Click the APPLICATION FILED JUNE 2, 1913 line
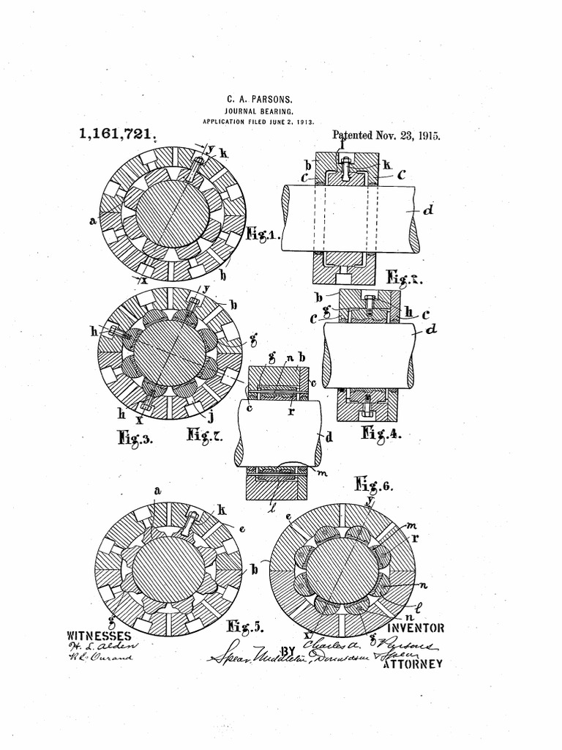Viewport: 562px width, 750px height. tap(258, 122)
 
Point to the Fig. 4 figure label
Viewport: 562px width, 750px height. tap(381, 433)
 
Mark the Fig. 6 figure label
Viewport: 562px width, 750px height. tap(374, 484)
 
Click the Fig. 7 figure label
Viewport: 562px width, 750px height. tap(205, 437)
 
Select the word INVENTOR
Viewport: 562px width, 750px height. tap(416, 628)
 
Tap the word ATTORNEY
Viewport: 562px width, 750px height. tap(414, 664)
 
